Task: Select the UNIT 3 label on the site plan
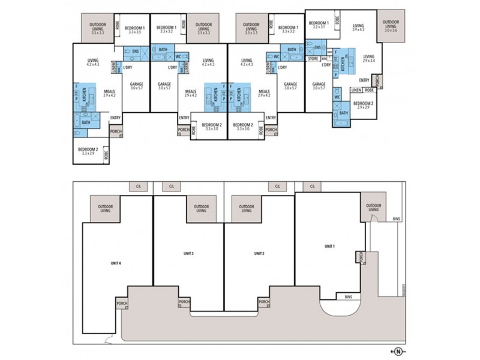click(x=188, y=254)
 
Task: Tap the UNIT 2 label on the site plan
click(x=259, y=254)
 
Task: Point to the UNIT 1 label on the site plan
click(x=329, y=246)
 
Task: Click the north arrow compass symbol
click(x=397, y=351)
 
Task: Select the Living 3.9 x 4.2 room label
click(x=359, y=27)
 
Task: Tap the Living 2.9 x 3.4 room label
click(x=368, y=58)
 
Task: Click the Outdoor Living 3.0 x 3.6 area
click(x=391, y=25)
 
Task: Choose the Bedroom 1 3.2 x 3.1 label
click(x=319, y=25)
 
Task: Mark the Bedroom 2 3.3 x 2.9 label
click(x=88, y=151)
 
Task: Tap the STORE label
click(x=313, y=59)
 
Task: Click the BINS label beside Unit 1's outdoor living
click(x=396, y=220)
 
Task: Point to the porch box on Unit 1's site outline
click(x=360, y=257)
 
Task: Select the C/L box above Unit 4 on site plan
click(x=139, y=187)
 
